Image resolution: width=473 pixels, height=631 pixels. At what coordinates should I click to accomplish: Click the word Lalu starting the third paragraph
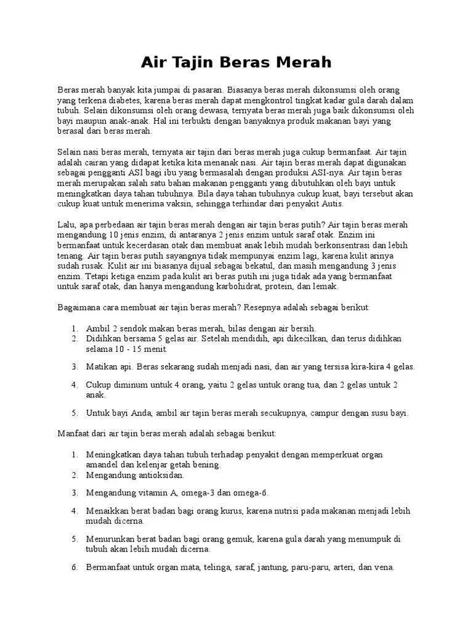(65, 224)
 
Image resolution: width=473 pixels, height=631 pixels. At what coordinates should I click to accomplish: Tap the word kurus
(232, 511)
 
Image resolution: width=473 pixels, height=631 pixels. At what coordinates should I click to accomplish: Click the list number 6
(73, 567)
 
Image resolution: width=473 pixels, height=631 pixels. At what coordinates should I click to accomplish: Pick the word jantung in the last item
(272, 567)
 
